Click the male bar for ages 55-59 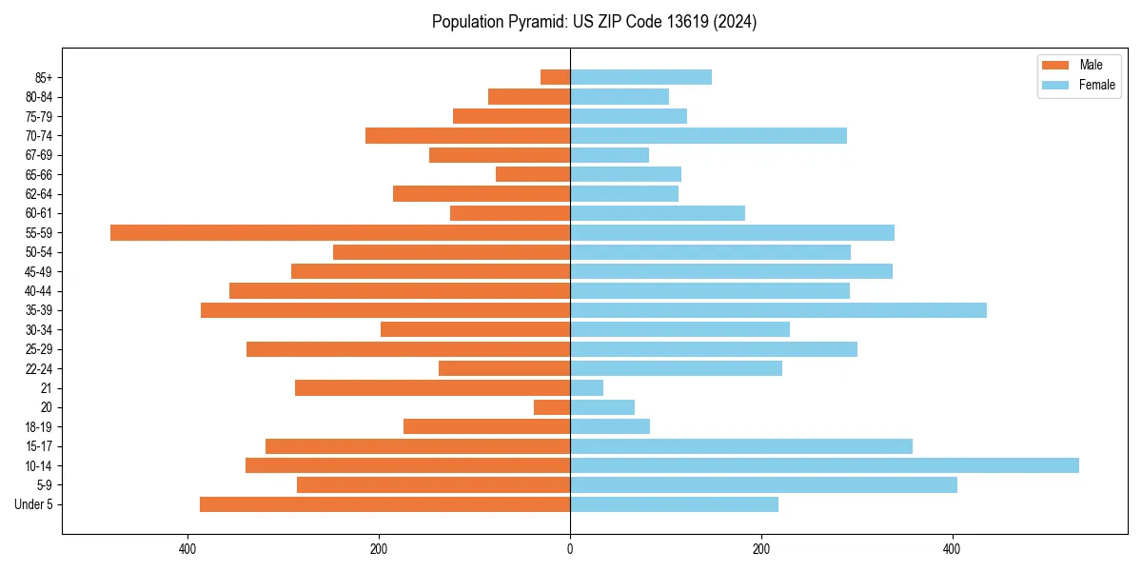pos(340,232)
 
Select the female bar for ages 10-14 pos(824,465)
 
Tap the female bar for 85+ pos(640,77)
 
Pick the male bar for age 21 pos(432,387)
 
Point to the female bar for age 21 pos(586,387)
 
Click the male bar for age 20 pos(552,407)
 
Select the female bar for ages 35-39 pos(778,310)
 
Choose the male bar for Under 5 pos(384,504)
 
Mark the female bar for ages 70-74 pos(708,135)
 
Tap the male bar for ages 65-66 pos(533,174)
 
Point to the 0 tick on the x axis pos(570,549)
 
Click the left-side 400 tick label pos(188,549)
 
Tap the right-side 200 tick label pos(760,549)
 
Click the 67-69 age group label pos(39,155)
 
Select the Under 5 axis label pos(34,504)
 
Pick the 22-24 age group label pos(39,368)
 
